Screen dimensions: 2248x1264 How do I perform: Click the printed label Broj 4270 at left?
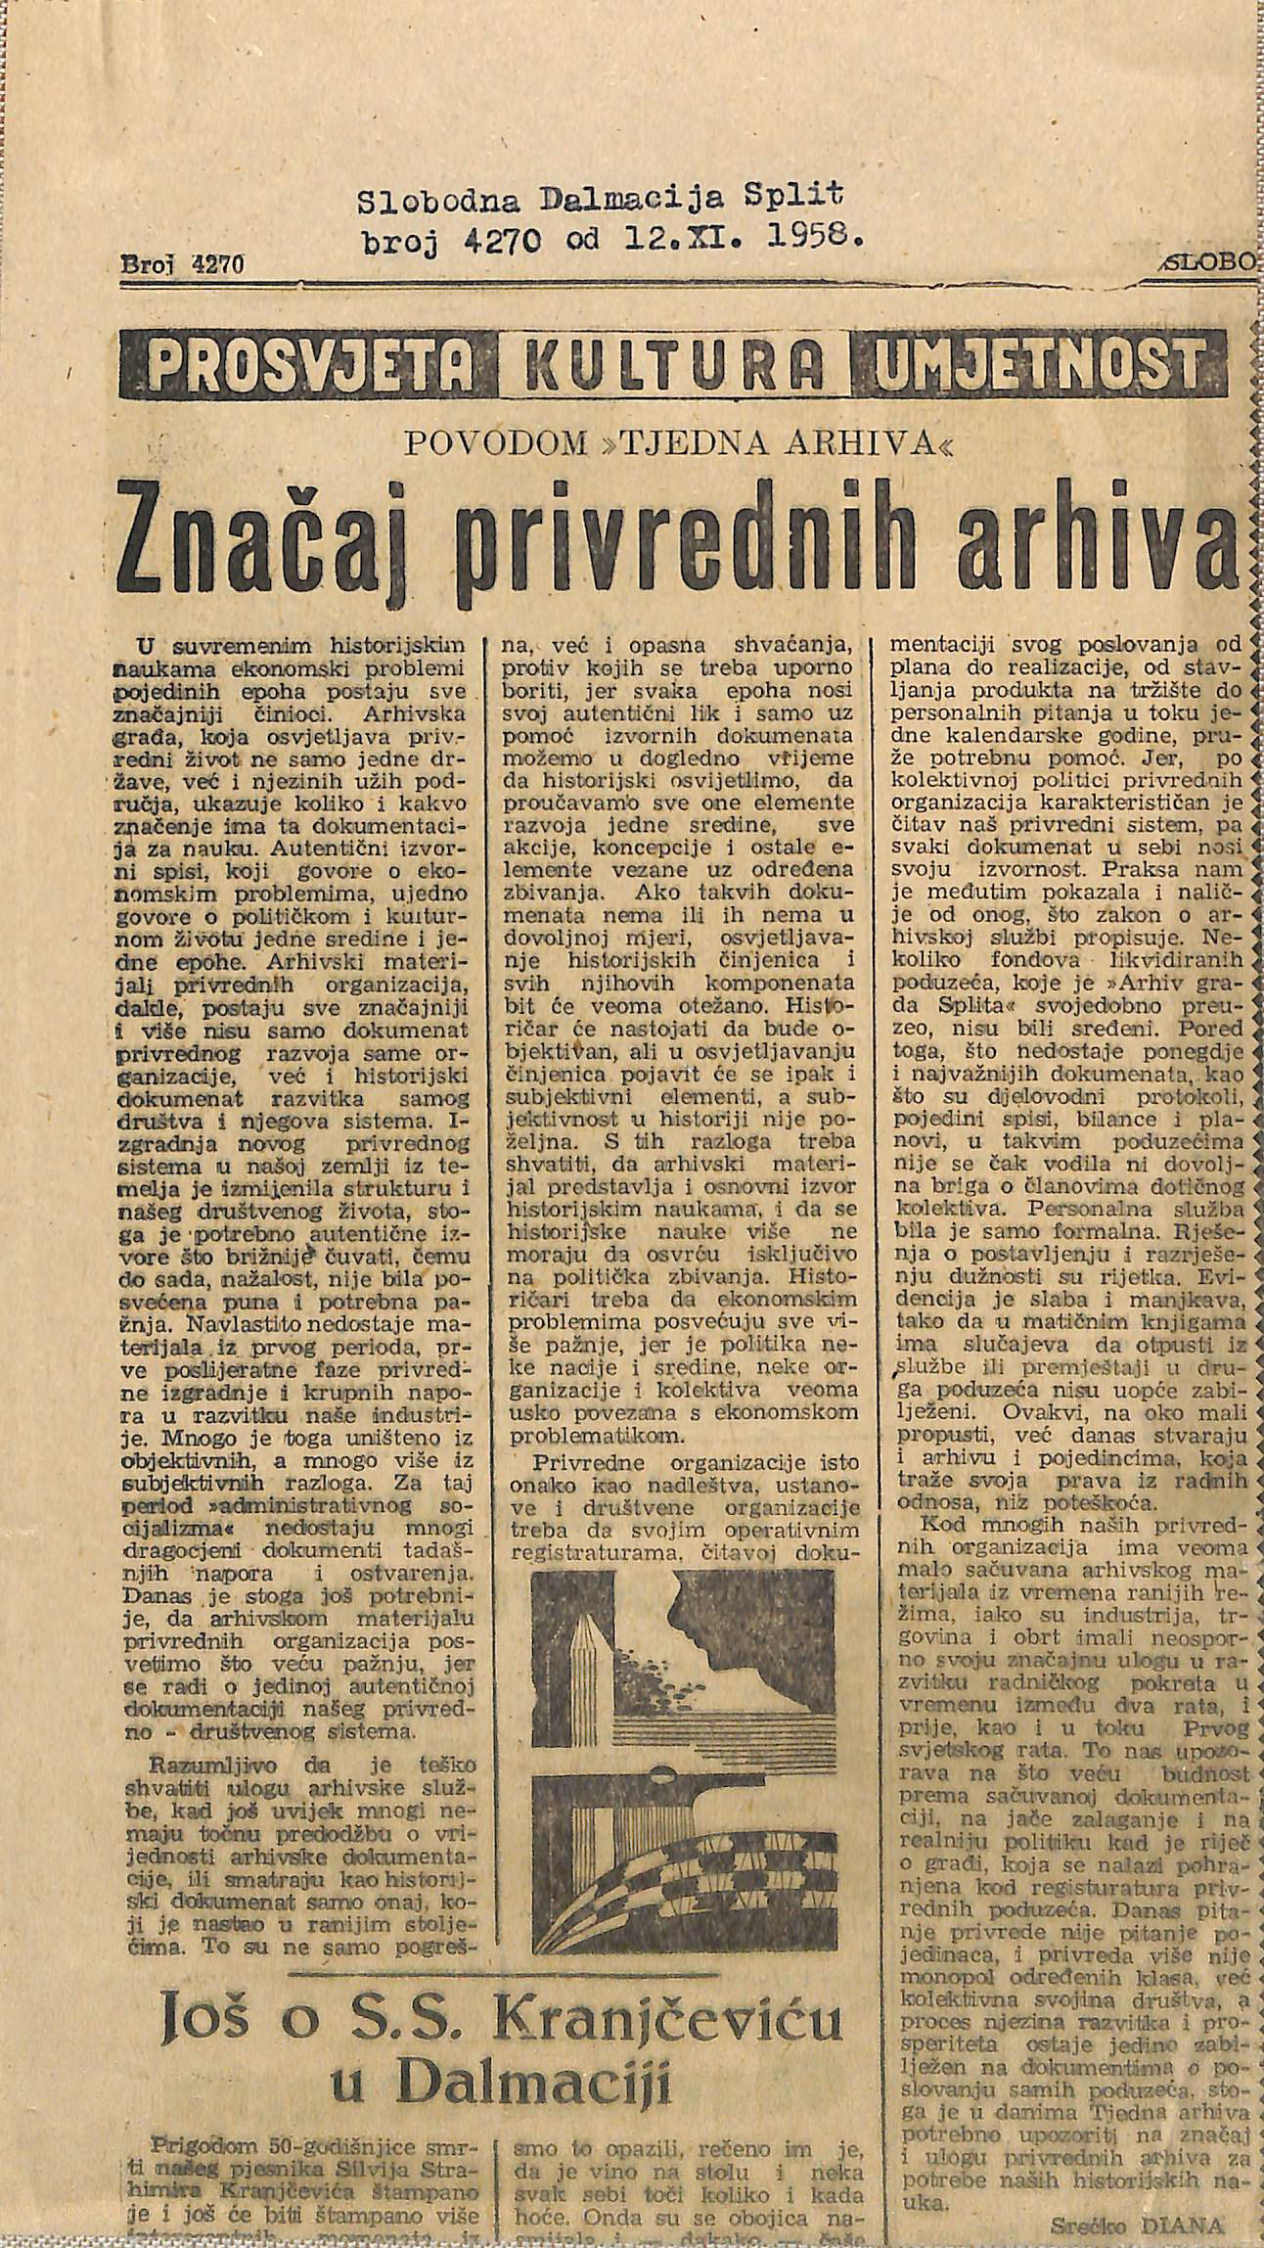tap(181, 263)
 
